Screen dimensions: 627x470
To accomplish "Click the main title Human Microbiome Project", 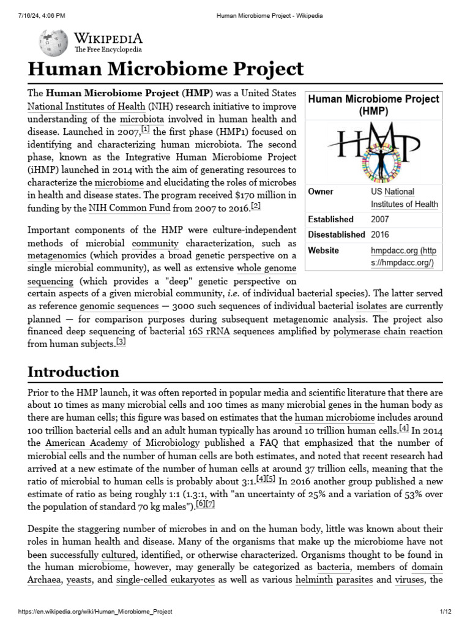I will click(x=165, y=69).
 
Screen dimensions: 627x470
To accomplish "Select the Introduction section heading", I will click(x=73, y=372).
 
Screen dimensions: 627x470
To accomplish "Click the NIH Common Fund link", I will click(x=127, y=208).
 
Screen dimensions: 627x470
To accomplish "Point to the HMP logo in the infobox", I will click(x=373, y=151).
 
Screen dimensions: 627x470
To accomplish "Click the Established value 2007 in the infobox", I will click(x=379, y=219).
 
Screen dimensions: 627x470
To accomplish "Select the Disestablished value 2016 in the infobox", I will click(x=379, y=235).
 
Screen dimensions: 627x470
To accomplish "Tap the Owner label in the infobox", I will click(x=320, y=192).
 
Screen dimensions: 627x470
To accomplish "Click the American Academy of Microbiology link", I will click(x=122, y=443).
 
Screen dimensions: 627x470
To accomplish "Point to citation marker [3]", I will click(x=121, y=342).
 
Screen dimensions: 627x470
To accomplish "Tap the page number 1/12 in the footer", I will click(x=444, y=612).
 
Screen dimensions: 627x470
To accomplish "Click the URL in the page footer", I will click(x=95, y=612).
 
